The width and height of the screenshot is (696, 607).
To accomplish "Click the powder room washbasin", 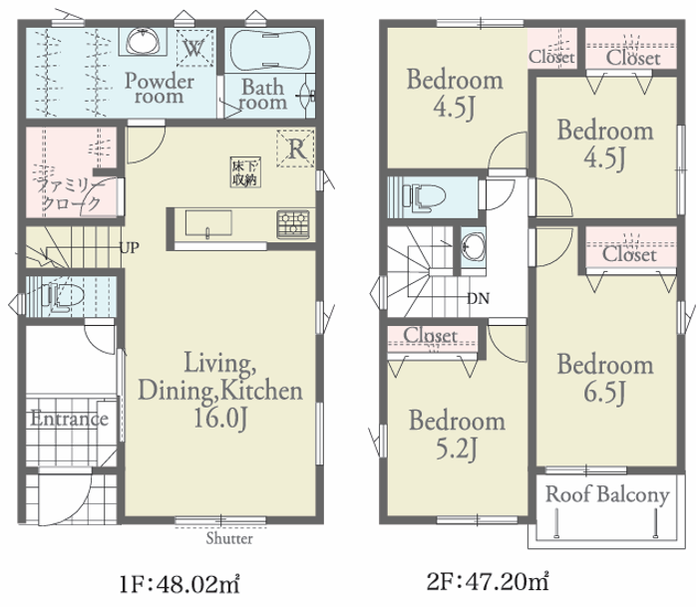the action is [x=143, y=41].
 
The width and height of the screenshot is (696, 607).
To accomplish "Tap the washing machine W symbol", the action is [x=194, y=48].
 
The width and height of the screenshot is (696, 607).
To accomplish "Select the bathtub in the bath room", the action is [x=269, y=50].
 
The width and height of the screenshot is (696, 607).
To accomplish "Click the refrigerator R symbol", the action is [x=296, y=149].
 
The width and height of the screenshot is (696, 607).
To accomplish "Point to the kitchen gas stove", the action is [x=293, y=224].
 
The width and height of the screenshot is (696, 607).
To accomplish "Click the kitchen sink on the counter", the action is [x=208, y=223].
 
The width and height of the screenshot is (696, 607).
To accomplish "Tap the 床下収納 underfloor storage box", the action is [x=245, y=172].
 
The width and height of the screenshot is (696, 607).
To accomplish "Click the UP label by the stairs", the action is [x=130, y=247].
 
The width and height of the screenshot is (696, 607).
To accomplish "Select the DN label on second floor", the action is [x=478, y=299].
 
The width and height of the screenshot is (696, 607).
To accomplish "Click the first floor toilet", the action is [x=63, y=296].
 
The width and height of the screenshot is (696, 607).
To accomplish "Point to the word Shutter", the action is [x=229, y=538].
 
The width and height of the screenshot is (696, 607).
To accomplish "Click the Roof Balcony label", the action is [x=607, y=494].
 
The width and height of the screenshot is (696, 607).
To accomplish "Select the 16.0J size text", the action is [x=220, y=418].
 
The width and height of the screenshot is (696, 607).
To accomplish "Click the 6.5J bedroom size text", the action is [x=604, y=393].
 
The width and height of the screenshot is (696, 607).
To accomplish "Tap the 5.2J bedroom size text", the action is [x=457, y=450].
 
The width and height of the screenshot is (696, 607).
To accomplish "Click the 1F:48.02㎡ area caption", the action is [x=179, y=583].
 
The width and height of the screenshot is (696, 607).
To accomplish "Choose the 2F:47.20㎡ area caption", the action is [x=488, y=581].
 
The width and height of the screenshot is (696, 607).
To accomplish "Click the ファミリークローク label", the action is [x=70, y=194].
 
